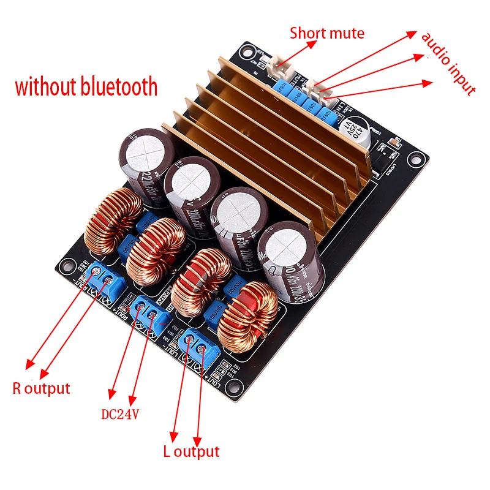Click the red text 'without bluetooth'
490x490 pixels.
pos(86,87)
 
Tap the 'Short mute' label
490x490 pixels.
pos(327,33)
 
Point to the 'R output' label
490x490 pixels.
pos(42,388)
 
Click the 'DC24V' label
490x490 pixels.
pos(120,414)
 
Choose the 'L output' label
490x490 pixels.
pos(191,452)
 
